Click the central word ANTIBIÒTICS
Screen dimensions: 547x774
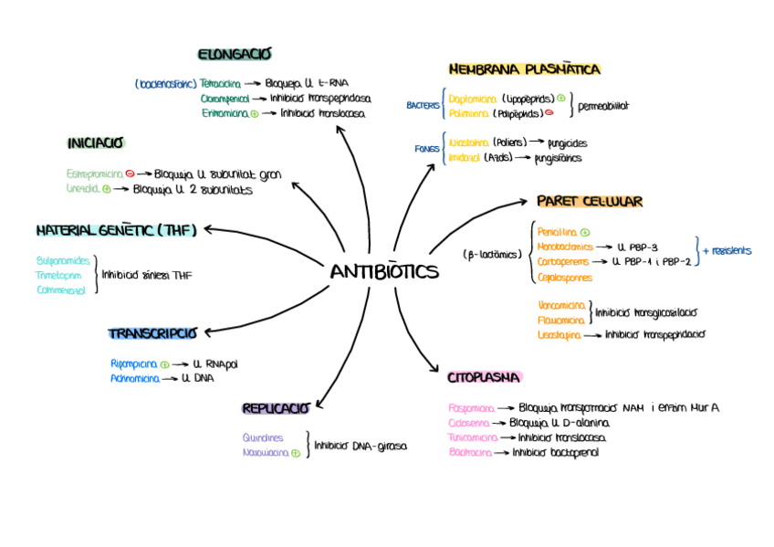(x=384, y=272)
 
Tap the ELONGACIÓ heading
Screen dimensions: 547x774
(x=235, y=55)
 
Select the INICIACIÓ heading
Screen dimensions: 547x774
(x=96, y=143)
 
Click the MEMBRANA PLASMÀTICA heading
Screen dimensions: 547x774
(x=524, y=69)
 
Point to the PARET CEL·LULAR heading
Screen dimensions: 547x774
(x=590, y=201)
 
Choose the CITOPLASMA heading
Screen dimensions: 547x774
(x=484, y=377)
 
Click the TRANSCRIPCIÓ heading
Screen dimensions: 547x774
(x=152, y=333)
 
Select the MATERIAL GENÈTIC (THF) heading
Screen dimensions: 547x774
(x=117, y=230)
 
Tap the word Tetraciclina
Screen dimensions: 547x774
(x=220, y=82)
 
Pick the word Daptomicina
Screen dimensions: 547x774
(x=472, y=98)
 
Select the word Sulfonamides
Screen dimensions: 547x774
(x=63, y=260)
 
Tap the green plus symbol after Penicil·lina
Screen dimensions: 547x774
(x=585, y=233)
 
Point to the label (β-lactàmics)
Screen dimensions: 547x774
(x=492, y=255)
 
